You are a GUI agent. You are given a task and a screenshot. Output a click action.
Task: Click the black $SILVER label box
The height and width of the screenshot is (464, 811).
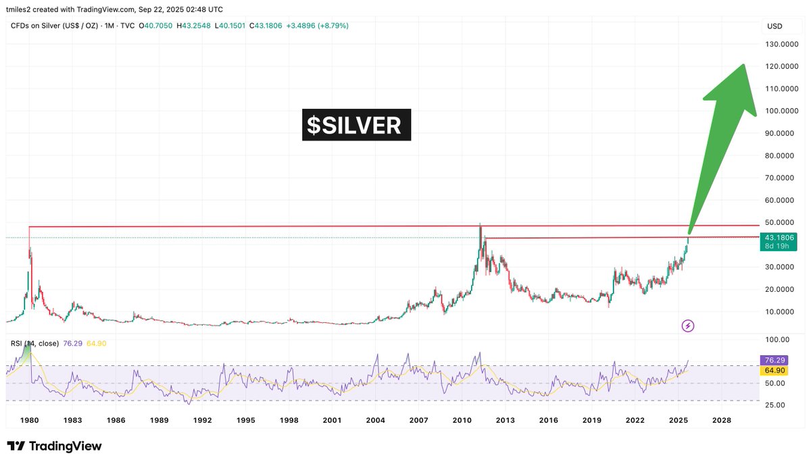click(356, 125)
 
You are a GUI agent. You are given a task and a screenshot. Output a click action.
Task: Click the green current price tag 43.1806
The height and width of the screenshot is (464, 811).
click(779, 238)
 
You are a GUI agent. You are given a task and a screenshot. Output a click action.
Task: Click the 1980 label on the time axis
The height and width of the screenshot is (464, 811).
click(29, 420)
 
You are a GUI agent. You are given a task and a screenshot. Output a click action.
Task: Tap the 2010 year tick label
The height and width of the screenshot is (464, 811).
click(462, 420)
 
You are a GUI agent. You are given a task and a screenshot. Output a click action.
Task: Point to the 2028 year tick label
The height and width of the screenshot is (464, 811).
click(721, 420)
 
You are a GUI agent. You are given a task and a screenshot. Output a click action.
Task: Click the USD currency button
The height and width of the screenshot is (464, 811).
click(775, 26)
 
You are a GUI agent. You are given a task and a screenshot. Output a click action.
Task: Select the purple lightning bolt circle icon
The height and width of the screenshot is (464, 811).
click(688, 326)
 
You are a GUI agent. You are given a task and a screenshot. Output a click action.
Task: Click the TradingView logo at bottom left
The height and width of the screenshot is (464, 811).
click(54, 446)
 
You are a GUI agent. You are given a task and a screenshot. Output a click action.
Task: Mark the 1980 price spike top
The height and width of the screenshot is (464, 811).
click(29, 228)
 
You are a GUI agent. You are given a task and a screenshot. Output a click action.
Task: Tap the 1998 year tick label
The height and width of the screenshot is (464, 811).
click(289, 420)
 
